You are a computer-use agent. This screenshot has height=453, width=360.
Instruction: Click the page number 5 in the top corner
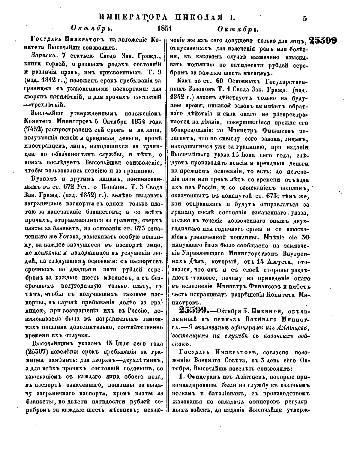point(305,18)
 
